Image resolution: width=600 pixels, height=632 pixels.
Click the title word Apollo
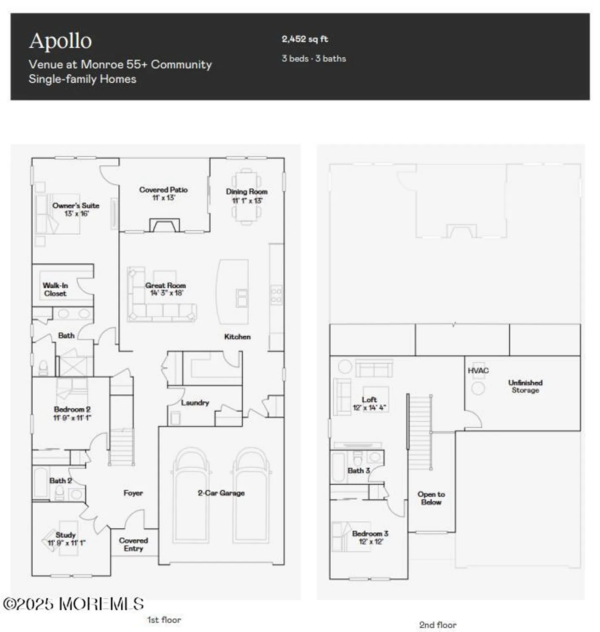click(60, 41)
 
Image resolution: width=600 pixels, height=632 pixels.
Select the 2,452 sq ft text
click(305, 39)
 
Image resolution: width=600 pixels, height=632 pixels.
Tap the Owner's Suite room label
click(76, 209)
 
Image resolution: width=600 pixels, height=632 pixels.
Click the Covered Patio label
click(163, 193)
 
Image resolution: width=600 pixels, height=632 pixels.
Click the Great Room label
click(165, 289)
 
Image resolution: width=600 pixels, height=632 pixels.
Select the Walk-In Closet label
click(55, 289)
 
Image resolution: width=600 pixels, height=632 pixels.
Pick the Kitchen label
click(237, 337)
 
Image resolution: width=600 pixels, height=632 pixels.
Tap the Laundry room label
click(195, 403)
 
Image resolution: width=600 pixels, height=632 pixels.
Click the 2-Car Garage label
click(221, 493)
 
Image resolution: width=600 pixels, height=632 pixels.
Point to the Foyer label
click(133, 493)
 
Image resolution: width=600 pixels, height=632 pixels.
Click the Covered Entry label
click(133, 544)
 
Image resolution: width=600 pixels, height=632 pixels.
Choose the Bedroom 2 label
click(72, 413)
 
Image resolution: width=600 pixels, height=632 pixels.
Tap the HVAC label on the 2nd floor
click(478, 371)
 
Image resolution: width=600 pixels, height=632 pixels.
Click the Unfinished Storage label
click(525, 386)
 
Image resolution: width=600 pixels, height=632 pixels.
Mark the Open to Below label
click(431, 498)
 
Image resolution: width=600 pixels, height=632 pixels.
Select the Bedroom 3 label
click(370, 538)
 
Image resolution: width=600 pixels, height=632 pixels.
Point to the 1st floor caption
click(164, 620)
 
